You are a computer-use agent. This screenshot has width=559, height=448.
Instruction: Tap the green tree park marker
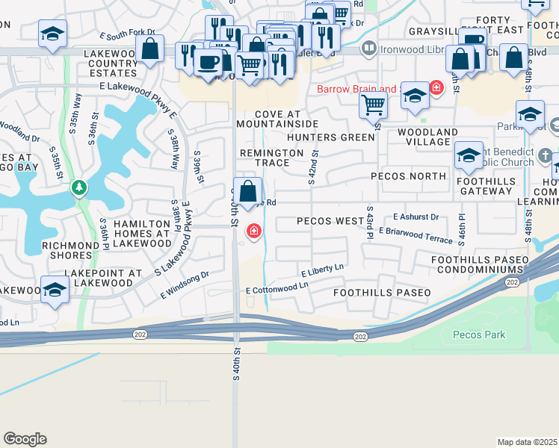click(79, 187)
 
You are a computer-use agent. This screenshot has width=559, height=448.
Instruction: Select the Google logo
click(25, 438)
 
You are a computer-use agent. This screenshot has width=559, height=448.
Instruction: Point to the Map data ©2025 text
click(527, 442)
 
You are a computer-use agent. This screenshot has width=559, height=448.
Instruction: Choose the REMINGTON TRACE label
click(271, 158)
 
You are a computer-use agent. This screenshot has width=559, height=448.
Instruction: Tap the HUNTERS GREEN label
click(331, 137)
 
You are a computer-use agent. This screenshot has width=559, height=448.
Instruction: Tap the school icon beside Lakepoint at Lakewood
click(55, 290)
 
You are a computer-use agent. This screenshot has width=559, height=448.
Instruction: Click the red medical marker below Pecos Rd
click(254, 231)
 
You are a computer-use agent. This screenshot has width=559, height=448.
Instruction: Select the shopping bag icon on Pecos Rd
click(247, 190)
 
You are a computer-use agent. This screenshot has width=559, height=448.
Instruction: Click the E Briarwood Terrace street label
click(416, 235)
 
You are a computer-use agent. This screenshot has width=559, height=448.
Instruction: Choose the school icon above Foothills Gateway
click(469, 155)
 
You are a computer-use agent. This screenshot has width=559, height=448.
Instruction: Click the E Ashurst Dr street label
click(416, 217)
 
